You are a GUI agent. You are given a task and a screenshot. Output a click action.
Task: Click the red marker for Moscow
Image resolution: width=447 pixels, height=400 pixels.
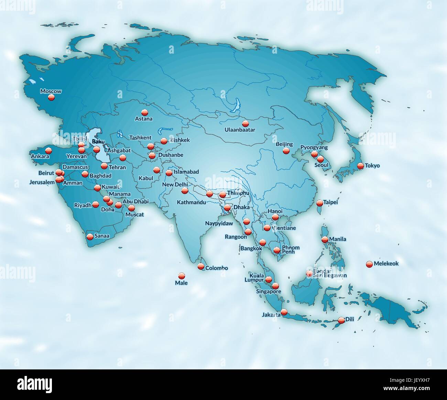click(51, 97)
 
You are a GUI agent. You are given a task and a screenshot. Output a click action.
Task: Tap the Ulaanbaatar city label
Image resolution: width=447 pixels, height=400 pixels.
click(240, 130)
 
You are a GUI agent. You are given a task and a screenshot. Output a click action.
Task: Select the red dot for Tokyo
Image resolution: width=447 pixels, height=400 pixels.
click(360, 166)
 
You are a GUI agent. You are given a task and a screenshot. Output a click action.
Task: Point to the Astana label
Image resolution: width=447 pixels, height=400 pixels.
click(144, 119)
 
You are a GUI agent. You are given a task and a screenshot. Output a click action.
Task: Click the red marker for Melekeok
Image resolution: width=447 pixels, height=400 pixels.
click(369, 264)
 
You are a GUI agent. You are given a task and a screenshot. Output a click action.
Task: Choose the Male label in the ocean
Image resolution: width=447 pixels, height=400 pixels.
click(181, 283)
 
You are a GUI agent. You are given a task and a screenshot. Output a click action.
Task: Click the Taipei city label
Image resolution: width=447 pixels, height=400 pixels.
click(331, 202)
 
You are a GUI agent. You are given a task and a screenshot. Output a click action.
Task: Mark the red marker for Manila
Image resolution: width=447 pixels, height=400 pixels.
click(325, 240)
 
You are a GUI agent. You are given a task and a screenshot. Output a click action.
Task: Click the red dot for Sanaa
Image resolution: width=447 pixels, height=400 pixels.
click(90, 236)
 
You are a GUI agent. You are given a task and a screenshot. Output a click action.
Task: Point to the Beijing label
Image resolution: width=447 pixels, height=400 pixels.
click(284, 144)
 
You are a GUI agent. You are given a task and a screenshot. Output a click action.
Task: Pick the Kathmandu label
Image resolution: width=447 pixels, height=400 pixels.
click(191, 202)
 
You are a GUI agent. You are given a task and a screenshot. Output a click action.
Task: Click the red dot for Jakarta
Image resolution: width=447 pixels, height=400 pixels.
click(284, 312)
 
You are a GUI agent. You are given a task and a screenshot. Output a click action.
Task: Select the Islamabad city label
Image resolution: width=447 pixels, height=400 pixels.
click(186, 172)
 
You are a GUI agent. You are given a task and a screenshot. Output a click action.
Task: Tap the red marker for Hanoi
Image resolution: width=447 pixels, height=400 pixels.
click(275, 217)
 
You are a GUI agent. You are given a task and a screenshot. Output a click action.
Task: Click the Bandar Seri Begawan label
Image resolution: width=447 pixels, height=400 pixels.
click(330, 273)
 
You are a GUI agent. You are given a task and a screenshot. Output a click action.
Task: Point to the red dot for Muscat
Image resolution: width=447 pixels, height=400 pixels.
click(131, 208)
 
